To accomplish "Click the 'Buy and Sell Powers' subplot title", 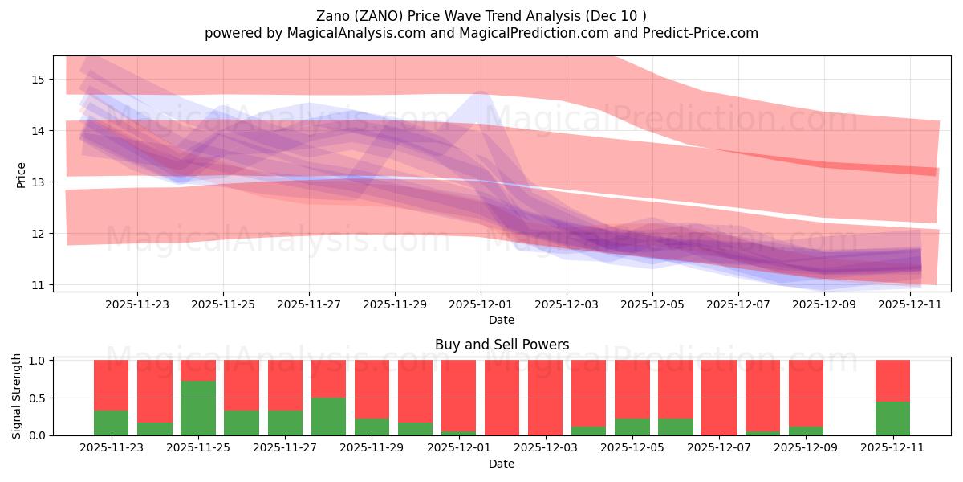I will tap(502, 345).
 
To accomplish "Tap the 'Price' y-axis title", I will tap(22, 174).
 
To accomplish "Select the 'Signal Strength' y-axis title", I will tap(17, 398).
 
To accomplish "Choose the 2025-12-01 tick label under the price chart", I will tap(481, 304).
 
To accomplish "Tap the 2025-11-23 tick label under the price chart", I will tap(137, 304).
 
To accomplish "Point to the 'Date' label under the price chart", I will tap(502, 320).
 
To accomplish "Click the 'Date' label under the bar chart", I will tap(502, 464).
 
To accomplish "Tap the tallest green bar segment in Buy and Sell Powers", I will tap(198, 408).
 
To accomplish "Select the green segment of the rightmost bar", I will tap(892, 419).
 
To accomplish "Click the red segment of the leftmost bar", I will tap(112, 385).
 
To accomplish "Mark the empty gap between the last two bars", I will tap(849, 398).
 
